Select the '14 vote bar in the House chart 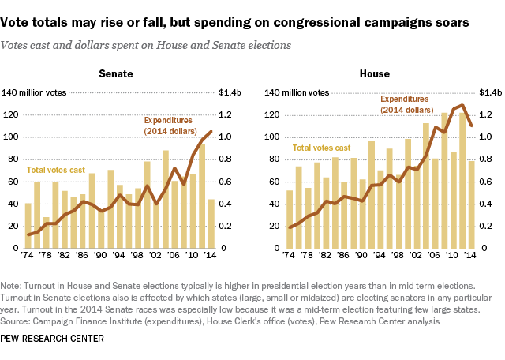tap(471, 204)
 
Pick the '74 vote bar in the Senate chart tap(28, 226)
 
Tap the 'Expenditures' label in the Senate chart tap(167, 120)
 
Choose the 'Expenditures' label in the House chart tap(405, 99)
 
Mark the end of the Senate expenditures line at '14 tap(210, 132)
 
